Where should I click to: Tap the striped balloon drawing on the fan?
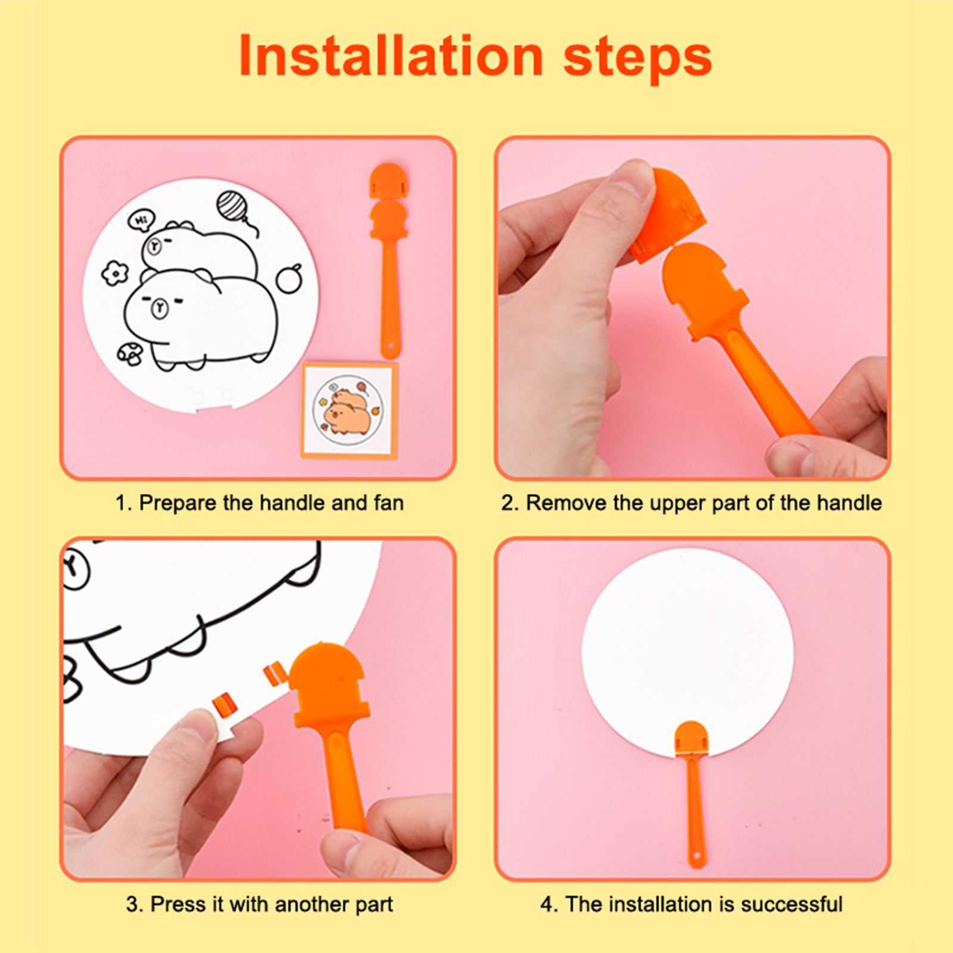coord(231,205)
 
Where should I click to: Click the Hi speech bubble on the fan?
coord(141,220)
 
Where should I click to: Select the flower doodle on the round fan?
coord(114,273)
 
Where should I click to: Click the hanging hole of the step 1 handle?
coord(390,347)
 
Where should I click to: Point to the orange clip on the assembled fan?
coord(691,739)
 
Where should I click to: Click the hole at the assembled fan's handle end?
coord(696,858)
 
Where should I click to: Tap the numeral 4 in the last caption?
coord(547,905)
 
